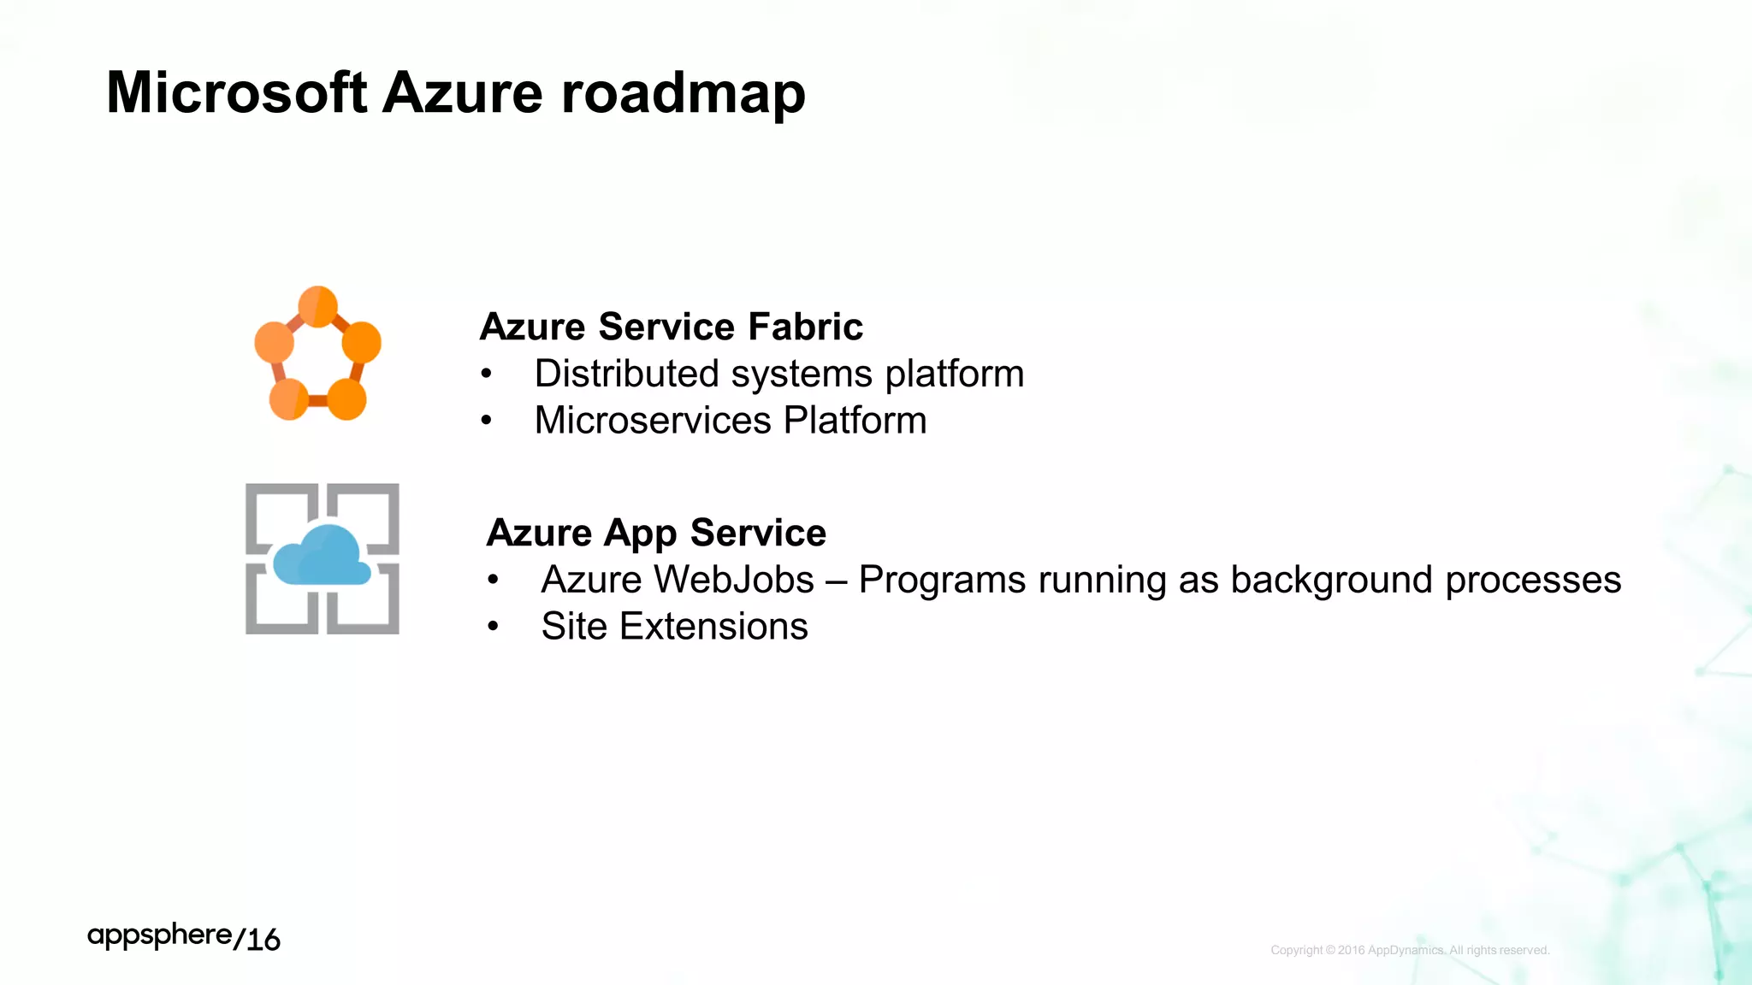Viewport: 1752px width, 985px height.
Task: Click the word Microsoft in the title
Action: point(237,92)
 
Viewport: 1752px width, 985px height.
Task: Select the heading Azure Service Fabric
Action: point(671,327)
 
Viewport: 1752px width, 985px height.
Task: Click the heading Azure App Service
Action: point(656,533)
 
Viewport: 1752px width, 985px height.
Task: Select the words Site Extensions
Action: point(674,627)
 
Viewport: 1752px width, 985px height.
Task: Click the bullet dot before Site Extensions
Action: point(493,628)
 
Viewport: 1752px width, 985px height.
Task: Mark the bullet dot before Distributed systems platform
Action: point(486,375)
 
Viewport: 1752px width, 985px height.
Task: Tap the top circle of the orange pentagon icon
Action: point(318,306)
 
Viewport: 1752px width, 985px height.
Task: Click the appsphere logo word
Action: point(159,936)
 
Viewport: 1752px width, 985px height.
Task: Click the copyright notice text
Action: point(1410,950)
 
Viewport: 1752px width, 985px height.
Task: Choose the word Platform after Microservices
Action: point(855,421)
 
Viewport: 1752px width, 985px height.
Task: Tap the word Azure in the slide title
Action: point(462,92)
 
